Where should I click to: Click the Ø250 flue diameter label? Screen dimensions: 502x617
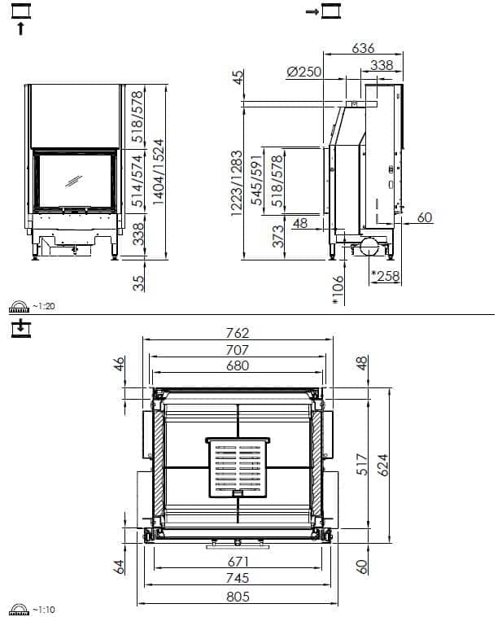[303, 72]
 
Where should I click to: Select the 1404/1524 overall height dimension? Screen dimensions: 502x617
[159, 172]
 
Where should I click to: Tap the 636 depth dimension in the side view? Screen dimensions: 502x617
[363, 48]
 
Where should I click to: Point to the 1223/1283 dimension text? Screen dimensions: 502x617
[237, 183]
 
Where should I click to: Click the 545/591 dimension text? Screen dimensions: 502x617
[257, 179]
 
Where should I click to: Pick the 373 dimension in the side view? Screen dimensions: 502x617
[277, 236]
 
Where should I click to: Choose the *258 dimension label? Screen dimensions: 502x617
[386, 276]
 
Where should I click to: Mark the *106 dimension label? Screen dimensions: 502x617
[338, 290]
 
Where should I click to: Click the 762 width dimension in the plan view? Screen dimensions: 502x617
[238, 333]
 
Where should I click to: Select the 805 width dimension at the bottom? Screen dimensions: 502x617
[238, 597]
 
